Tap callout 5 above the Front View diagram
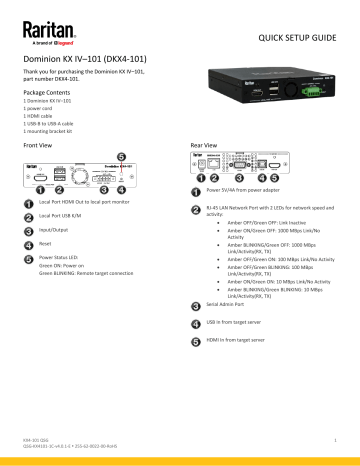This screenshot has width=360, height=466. [x=121, y=157]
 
